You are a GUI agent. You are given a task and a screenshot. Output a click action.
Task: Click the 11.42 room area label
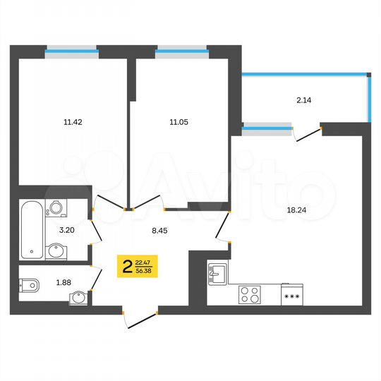72,121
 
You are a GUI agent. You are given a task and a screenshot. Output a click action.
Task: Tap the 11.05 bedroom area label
178,121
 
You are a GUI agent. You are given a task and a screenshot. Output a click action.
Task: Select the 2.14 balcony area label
304,100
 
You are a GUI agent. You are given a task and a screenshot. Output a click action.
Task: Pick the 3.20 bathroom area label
67,230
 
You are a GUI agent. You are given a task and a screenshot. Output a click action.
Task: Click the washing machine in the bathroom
54,209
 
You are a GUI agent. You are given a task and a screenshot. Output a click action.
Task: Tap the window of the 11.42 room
71,50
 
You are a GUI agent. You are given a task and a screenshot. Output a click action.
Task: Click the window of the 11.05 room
181,50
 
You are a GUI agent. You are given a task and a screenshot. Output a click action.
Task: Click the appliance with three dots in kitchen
291,294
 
